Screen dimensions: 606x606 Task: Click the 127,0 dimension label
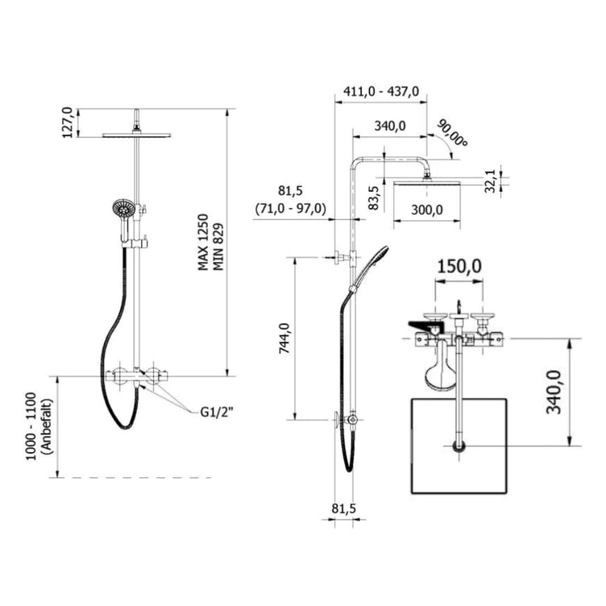coord(68,122)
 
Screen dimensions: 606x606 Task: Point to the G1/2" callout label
coord(217,413)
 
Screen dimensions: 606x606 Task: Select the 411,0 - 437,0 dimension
coord(380,92)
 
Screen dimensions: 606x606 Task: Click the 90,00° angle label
coord(453,133)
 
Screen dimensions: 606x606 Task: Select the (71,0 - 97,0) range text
coord(290,209)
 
